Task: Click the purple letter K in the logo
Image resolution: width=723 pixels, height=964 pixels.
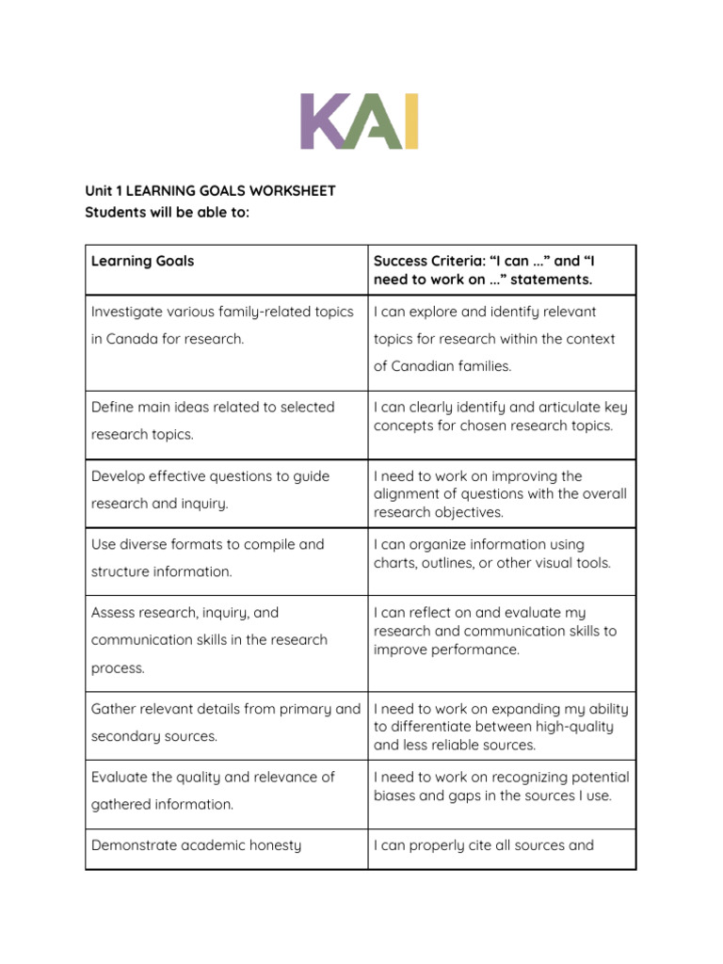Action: pos(323,121)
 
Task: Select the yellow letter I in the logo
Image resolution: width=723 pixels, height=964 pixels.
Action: pos(410,121)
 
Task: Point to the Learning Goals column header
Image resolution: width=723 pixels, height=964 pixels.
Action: pos(142,261)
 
